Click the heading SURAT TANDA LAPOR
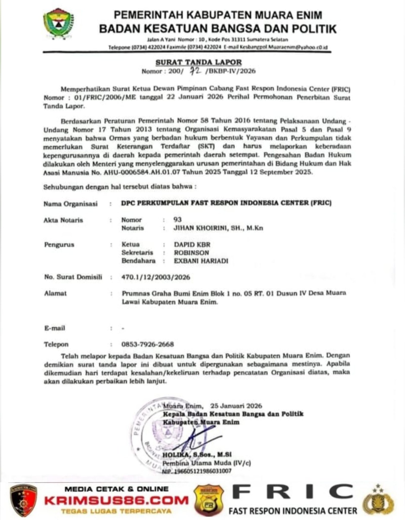pos(198,62)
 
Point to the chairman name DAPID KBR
pos(192,245)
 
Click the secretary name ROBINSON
pos(191,253)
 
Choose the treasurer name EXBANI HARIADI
pos(201,261)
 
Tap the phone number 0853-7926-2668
pos(148,344)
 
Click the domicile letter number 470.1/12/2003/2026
pos(156,277)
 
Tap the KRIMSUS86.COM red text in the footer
pos(116,500)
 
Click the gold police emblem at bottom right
pos(378,500)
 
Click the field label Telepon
pos(56,344)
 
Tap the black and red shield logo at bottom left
pos(23,500)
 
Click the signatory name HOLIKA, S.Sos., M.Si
pos(197,454)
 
